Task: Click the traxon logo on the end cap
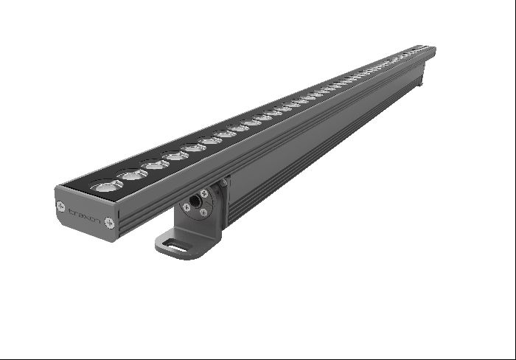[x=84, y=214]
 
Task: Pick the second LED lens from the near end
[x=134, y=175]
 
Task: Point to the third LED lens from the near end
[x=156, y=165]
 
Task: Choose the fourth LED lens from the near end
[x=175, y=156]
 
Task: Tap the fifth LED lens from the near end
[x=194, y=148]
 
